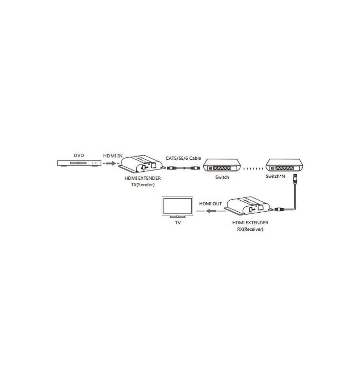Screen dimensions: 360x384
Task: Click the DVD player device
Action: pos(79,163)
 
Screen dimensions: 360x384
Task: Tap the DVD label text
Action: pos(79,155)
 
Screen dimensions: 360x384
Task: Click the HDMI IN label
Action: pos(113,156)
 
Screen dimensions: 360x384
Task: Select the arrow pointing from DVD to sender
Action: pos(111,163)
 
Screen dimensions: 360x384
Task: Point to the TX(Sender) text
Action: pos(143,185)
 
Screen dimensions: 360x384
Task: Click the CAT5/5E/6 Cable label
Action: pos(184,158)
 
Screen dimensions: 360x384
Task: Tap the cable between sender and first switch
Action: pos(184,168)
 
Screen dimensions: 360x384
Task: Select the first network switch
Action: pos(222,165)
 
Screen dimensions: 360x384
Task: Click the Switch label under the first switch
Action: pos(222,177)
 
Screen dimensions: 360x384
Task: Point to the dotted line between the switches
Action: pos(253,169)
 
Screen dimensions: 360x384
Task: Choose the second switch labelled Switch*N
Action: pos(284,165)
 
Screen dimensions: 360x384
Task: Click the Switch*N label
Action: pos(275,176)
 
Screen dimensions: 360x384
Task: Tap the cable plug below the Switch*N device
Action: pos(295,179)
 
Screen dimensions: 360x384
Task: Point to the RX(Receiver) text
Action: pos(250,229)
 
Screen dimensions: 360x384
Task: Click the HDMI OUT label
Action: pos(210,203)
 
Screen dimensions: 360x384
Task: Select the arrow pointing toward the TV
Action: pos(211,211)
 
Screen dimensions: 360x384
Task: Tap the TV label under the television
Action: pos(178,223)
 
